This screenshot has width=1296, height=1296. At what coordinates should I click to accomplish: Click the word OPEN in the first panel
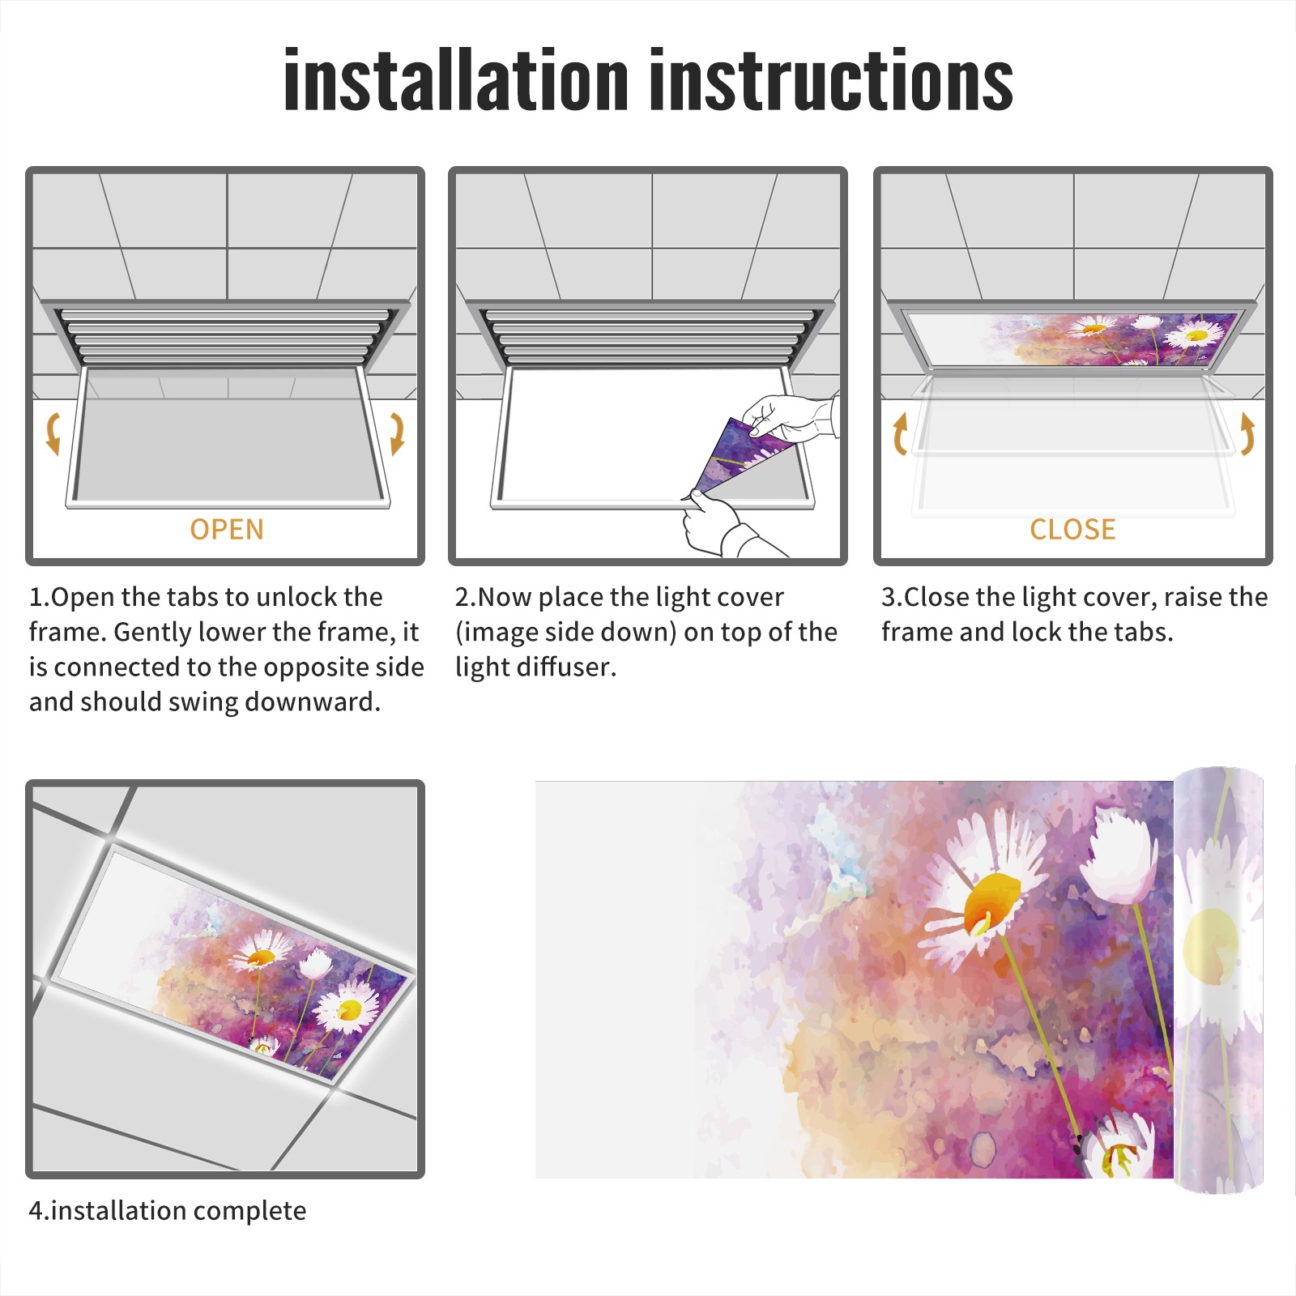click(x=227, y=530)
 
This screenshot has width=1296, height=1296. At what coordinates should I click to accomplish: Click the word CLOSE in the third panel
click(x=1072, y=530)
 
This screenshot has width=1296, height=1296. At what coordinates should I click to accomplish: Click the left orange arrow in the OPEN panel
click(x=53, y=433)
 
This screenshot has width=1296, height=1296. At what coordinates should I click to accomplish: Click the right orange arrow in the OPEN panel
click(x=397, y=433)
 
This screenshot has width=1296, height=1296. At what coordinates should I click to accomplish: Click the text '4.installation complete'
click(x=168, y=1211)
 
